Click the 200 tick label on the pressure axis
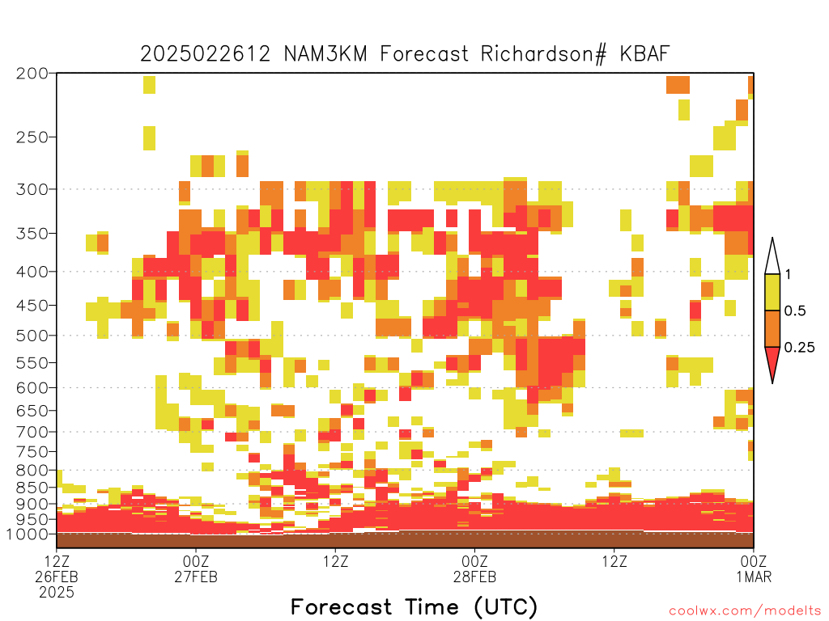32,74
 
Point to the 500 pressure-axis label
32,336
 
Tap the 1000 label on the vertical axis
27,534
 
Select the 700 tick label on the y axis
32,433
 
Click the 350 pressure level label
32,234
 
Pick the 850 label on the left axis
32,488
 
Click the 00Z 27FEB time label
196,568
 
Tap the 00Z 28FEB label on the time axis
474,568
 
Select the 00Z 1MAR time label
754,568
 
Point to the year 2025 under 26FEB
57,593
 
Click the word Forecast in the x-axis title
342,607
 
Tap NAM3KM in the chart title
325,54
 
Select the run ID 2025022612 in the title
205,54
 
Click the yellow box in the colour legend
772,292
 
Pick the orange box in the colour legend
772,328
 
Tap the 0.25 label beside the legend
799,348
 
